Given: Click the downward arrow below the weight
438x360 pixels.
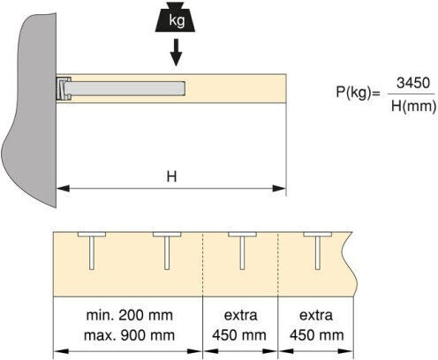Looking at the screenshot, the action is coord(176,52).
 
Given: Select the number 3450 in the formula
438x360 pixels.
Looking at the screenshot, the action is coord(413,83).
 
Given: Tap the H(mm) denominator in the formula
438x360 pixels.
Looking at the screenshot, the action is coord(413,106).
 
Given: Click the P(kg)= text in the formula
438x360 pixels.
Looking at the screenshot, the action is coord(359,92).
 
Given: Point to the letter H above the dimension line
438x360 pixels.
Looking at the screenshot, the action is coord(171,176).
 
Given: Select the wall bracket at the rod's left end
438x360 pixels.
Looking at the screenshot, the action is coord(64,88).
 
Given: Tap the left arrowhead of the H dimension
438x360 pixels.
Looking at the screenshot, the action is coord(63,188).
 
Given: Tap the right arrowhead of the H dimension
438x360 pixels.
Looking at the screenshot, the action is coord(279,188).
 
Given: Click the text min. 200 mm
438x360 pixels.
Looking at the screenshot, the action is coord(129,315).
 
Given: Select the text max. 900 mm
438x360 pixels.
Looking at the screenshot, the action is coord(129,335).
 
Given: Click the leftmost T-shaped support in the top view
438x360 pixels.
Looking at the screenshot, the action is coord(92,251).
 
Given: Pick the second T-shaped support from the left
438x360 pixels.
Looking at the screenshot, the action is coord(167,251).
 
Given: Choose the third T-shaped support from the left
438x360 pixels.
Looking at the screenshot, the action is coord(242,251).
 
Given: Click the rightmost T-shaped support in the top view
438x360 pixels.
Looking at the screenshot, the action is coord(318,251).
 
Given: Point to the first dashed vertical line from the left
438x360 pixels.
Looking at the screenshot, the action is coord(203,264).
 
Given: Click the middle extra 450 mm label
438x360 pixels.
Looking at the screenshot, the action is coord(240,326).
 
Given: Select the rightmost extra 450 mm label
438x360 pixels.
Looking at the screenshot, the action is coord(316,326).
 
